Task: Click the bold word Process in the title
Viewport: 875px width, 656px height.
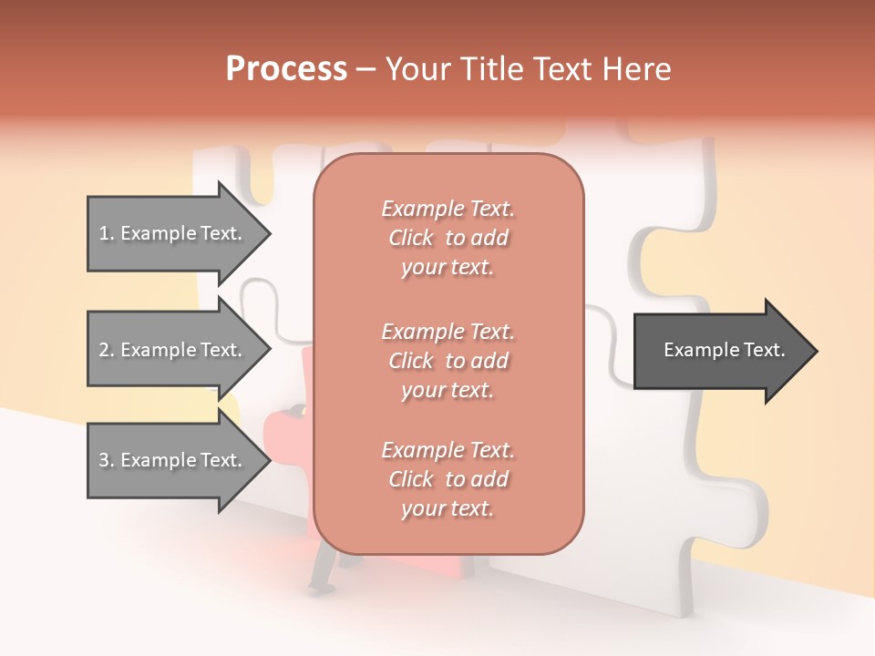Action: point(286,69)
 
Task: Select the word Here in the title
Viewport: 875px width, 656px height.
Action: point(636,69)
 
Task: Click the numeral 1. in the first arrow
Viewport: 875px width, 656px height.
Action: point(107,233)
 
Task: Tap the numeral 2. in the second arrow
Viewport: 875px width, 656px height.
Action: point(107,350)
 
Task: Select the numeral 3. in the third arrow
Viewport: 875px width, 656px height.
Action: point(107,460)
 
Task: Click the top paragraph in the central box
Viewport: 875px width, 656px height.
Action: point(448,238)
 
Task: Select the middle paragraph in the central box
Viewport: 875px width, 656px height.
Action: point(448,361)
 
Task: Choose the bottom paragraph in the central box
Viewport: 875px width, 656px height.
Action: point(448,479)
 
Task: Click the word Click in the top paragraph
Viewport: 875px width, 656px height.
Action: point(411,238)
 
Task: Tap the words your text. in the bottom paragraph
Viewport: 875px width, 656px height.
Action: point(448,509)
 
